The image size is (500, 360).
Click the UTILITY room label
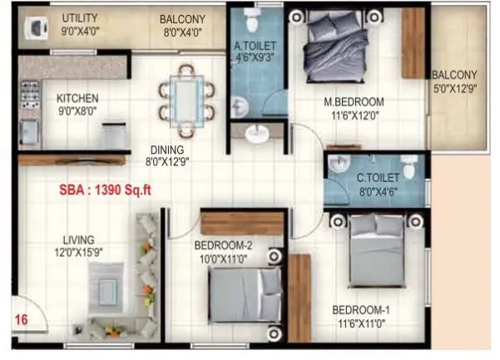click(80, 17)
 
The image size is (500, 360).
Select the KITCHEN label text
click(77, 97)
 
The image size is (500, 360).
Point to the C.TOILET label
click(379, 177)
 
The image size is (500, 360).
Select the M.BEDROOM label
click(354, 103)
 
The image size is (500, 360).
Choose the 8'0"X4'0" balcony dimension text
click(181, 31)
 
